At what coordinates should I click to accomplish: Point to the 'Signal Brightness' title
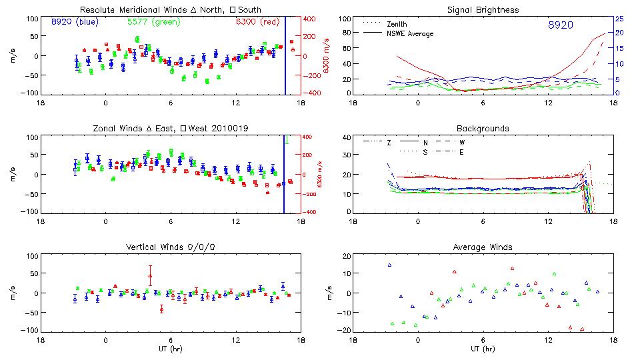coord(482,9)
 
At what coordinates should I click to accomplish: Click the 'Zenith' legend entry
coord(397,24)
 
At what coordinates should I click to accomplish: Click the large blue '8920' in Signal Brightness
coord(561,25)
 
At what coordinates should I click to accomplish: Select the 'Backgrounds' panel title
coord(482,128)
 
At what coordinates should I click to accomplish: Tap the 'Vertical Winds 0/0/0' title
coord(170,247)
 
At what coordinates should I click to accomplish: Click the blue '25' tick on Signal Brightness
coord(619,19)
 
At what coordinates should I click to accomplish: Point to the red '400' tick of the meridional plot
coord(311,19)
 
